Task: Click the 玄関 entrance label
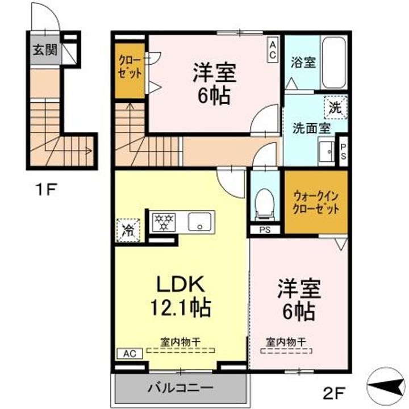(x=43, y=49)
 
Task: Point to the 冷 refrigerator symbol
(x=128, y=230)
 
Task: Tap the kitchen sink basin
(x=199, y=222)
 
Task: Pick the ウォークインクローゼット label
(x=316, y=202)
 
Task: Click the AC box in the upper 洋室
(x=273, y=49)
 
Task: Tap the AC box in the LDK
(x=129, y=353)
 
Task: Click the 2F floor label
(x=335, y=391)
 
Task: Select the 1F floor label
(x=44, y=189)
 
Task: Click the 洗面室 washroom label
(x=311, y=127)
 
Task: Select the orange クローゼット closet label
(x=130, y=67)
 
